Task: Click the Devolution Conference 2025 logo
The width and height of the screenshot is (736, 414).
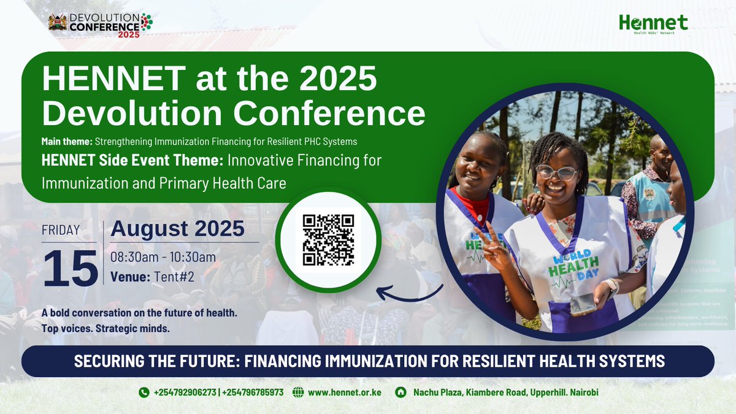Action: pyautogui.click(x=100, y=23)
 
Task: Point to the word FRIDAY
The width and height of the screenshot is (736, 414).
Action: pyautogui.click(x=61, y=231)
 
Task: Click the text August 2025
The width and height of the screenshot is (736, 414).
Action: pyautogui.click(x=177, y=229)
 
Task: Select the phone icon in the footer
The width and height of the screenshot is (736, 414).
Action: pyautogui.click(x=144, y=392)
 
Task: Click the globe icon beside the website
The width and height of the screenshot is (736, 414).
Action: pyautogui.click(x=298, y=392)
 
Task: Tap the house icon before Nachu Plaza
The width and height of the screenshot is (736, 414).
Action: pyautogui.click(x=401, y=392)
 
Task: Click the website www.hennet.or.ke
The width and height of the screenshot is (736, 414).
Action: pyautogui.click(x=345, y=392)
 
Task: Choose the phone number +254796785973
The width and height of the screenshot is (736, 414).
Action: pyautogui.click(x=253, y=392)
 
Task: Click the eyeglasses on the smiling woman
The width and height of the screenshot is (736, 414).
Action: pyautogui.click(x=557, y=172)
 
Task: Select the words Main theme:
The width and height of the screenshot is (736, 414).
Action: pyautogui.click(x=66, y=142)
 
